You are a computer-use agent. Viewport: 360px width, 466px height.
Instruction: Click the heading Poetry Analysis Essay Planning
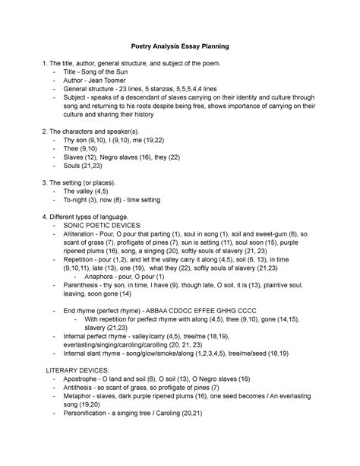click(180, 47)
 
